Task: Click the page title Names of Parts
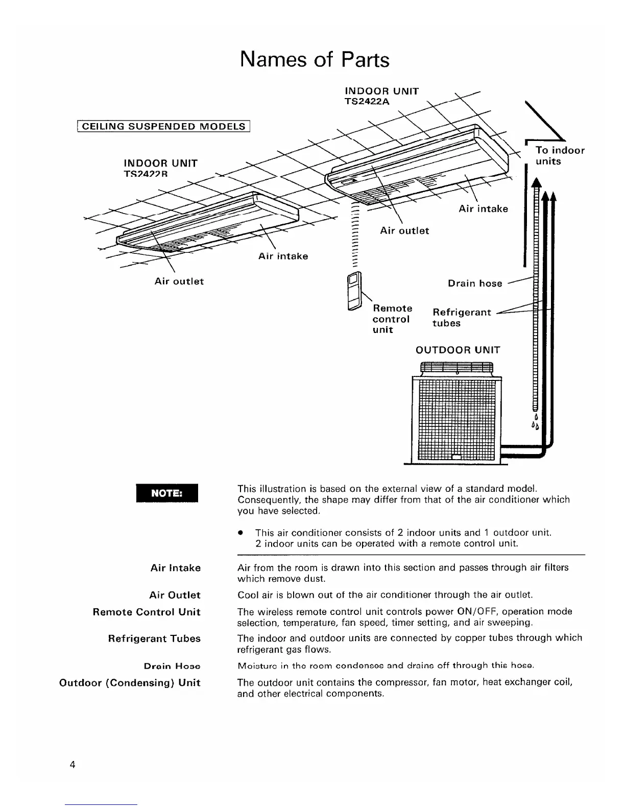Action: coord(314,60)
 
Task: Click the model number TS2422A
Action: coord(367,101)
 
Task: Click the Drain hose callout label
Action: coord(475,283)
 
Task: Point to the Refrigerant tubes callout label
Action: coord(461,317)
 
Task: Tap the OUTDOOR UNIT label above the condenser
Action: coord(458,350)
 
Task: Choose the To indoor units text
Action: coord(560,156)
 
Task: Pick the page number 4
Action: coord(73,765)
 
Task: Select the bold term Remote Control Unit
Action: coord(147,612)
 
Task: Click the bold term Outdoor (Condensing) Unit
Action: coord(130,683)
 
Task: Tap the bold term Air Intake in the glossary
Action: coord(175,568)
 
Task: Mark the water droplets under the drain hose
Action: coord(536,422)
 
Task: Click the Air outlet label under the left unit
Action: coord(179,281)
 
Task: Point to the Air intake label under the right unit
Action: coord(483,209)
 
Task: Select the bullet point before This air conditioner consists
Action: coord(239,533)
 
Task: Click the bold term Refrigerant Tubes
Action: coord(154,638)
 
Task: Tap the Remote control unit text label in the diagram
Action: coord(392,319)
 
